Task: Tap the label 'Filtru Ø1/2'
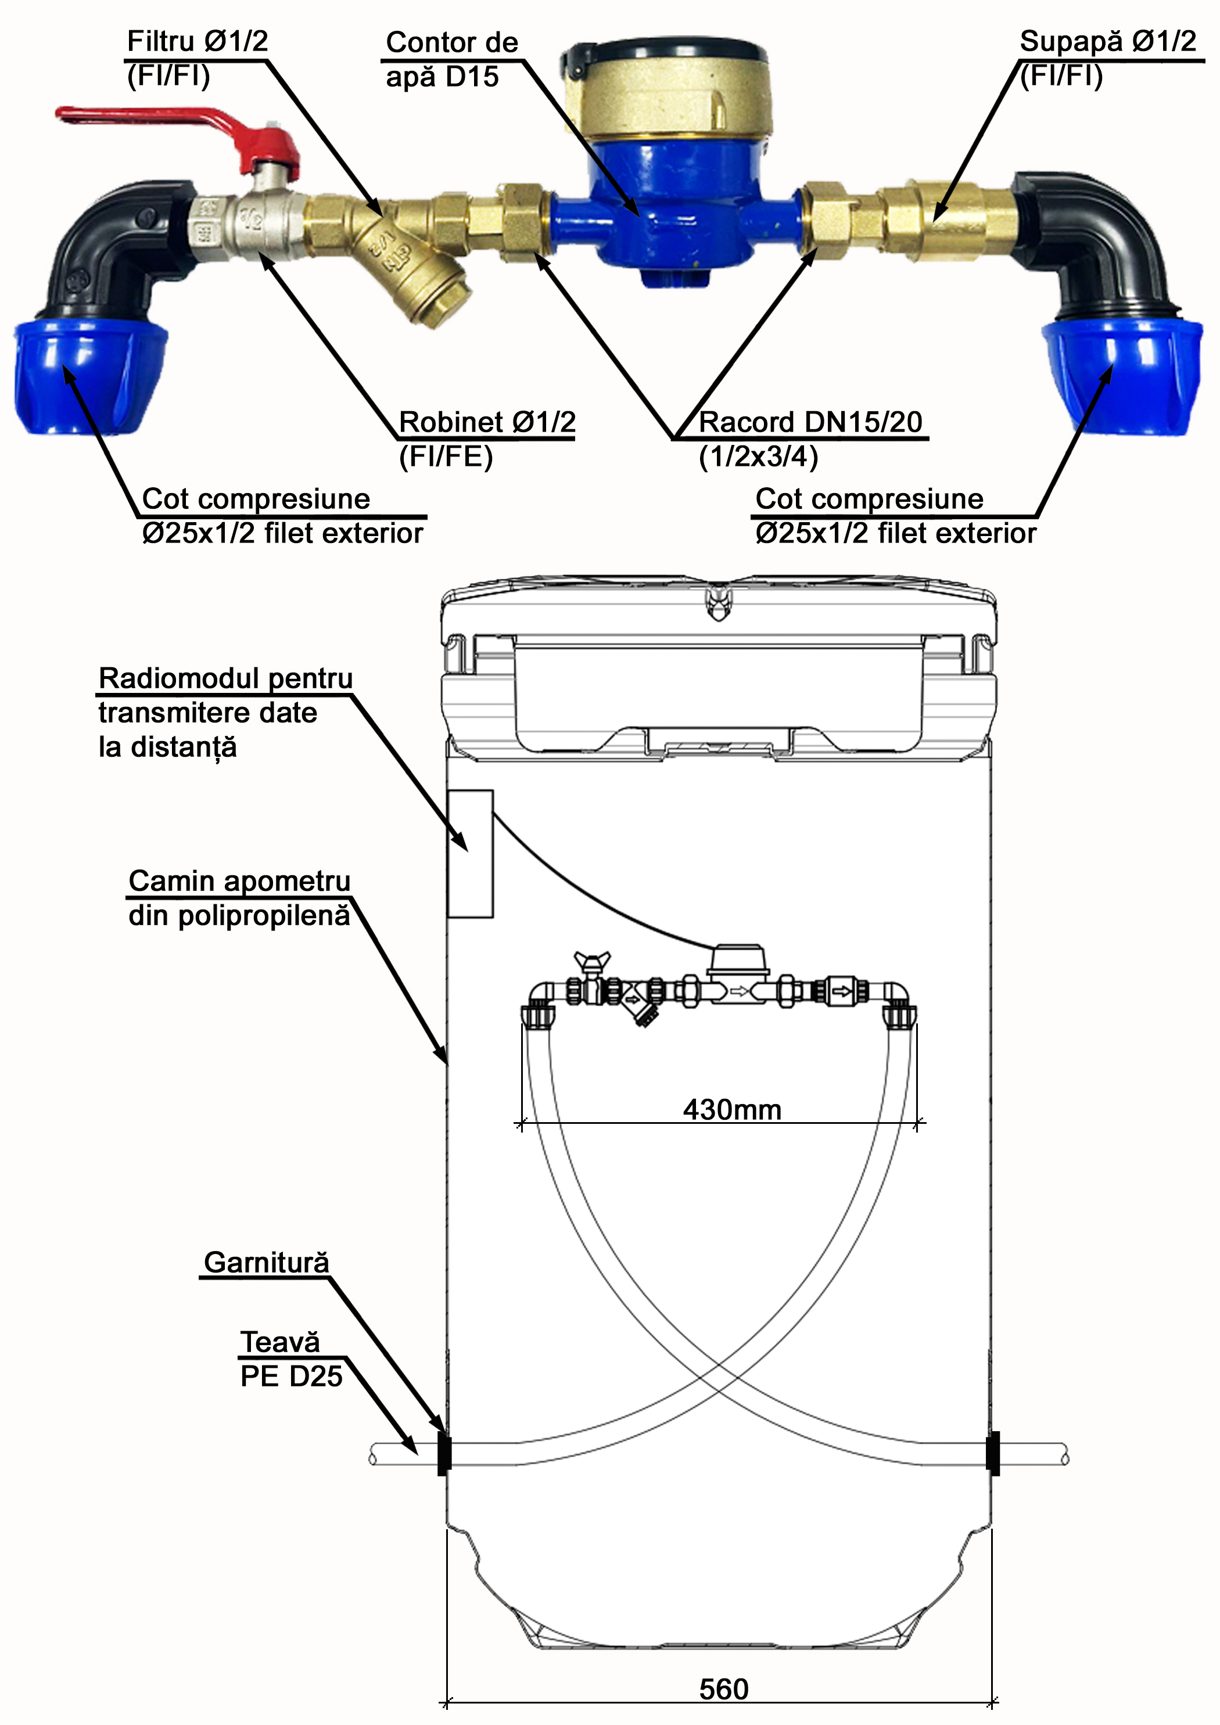pyautogui.click(x=197, y=41)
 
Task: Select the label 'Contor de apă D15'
pyautogui.click(x=451, y=59)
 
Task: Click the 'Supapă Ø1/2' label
pyautogui.click(x=1107, y=41)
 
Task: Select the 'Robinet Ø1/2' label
pyautogui.click(x=486, y=422)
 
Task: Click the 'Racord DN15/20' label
pyautogui.click(x=810, y=422)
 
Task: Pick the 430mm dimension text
pyautogui.click(x=731, y=1110)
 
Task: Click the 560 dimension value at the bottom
pyautogui.click(x=723, y=1689)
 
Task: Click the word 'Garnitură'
pyautogui.click(x=266, y=1262)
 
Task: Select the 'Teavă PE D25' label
pyautogui.click(x=290, y=1359)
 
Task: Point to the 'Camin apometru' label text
pyautogui.click(x=239, y=881)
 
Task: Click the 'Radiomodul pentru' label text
pyautogui.click(x=225, y=678)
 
